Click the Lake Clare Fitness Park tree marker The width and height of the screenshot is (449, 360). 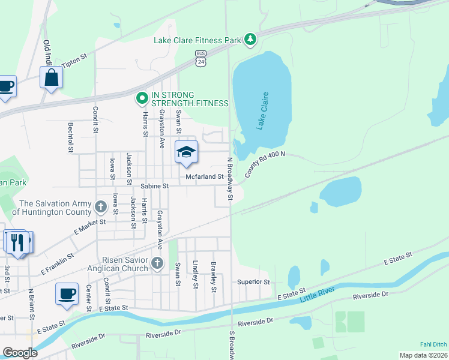tap(250, 40)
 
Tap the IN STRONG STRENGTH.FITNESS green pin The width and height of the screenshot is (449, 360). tap(142, 97)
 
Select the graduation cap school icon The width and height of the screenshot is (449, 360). tap(186, 152)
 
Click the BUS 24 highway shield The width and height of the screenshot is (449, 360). tap(200, 58)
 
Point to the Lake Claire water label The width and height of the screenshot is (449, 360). tap(262, 111)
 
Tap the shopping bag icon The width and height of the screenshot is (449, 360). tap(51, 78)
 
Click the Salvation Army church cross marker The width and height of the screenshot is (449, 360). tap(101, 208)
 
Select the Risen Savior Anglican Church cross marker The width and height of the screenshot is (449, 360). tap(157, 263)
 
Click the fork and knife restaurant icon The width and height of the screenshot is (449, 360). tap(17, 242)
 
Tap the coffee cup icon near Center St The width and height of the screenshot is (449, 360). tap(66, 295)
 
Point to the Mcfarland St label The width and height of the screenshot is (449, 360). tap(205, 177)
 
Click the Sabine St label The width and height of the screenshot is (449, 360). tap(155, 187)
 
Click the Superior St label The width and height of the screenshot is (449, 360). tap(253, 281)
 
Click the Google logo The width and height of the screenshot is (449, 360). tap(20, 353)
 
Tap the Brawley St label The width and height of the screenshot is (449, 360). tap(213, 276)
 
